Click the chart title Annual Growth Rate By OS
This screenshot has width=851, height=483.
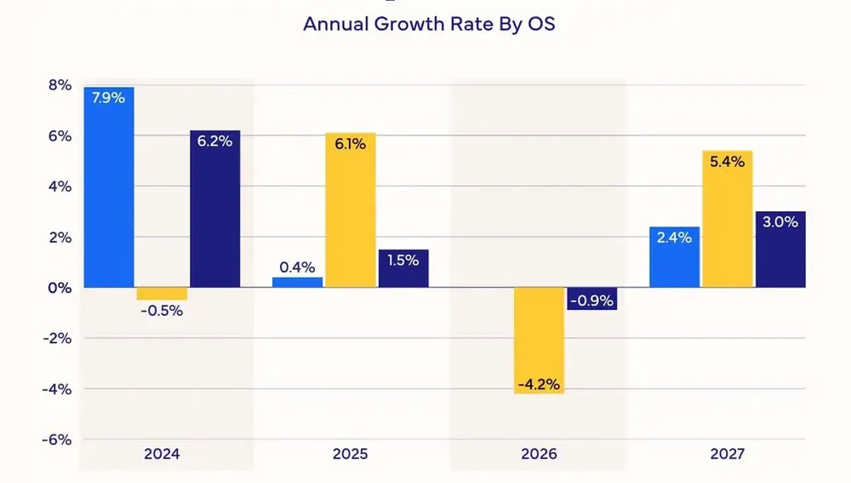[429, 24]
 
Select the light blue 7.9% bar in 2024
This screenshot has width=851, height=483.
[109, 187]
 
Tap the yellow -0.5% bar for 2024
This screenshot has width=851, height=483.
[162, 294]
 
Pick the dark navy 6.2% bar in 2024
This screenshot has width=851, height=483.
[214, 209]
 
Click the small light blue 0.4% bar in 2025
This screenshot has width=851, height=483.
[298, 282]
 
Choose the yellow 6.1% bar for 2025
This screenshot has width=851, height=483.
[350, 210]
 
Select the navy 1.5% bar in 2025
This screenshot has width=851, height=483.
[403, 268]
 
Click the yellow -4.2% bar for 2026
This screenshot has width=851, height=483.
[539, 340]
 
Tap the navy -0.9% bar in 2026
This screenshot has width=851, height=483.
[591, 299]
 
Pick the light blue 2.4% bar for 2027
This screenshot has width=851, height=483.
[674, 257]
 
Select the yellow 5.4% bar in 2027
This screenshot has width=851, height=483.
[727, 219]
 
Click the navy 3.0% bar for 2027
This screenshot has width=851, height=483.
[780, 249]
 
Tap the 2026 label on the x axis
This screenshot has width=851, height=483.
[538, 454]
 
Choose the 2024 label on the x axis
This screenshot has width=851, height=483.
[162, 454]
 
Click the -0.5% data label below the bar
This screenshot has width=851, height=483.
[162, 311]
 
